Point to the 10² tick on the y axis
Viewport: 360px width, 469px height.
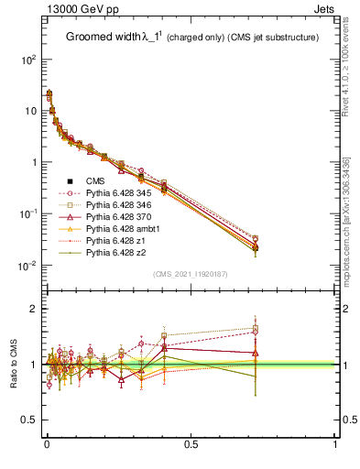pos(27,59)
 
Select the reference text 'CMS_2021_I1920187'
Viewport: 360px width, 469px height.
pos(191,274)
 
